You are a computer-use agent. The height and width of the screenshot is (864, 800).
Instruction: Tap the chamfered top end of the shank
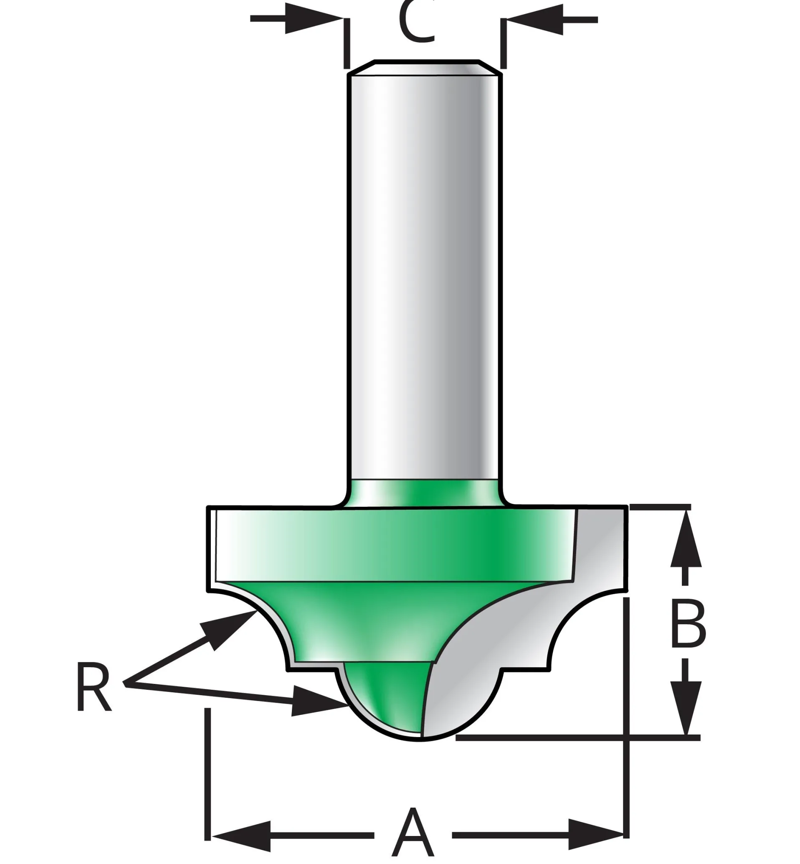point(426,67)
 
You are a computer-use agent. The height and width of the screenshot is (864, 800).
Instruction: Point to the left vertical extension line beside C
point(346,43)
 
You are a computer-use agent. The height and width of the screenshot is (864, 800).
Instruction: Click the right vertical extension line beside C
point(503,43)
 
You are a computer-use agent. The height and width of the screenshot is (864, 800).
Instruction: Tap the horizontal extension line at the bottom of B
point(576,737)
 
